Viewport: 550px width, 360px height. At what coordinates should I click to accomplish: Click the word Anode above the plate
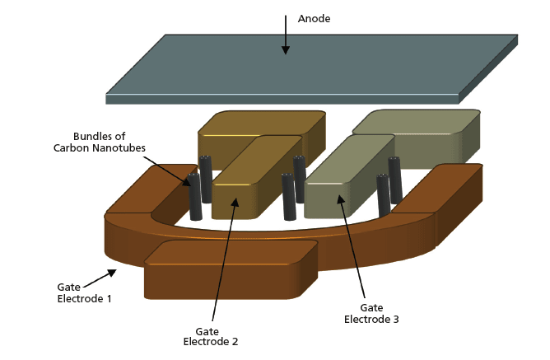click(x=315, y=19)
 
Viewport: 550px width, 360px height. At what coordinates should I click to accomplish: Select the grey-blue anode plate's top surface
click(x=313, y=66)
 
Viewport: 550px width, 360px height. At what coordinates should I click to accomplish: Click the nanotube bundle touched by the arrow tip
click(x=194, y=198)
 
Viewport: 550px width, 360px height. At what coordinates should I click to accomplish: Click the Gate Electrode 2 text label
click(x=211, y=336)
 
